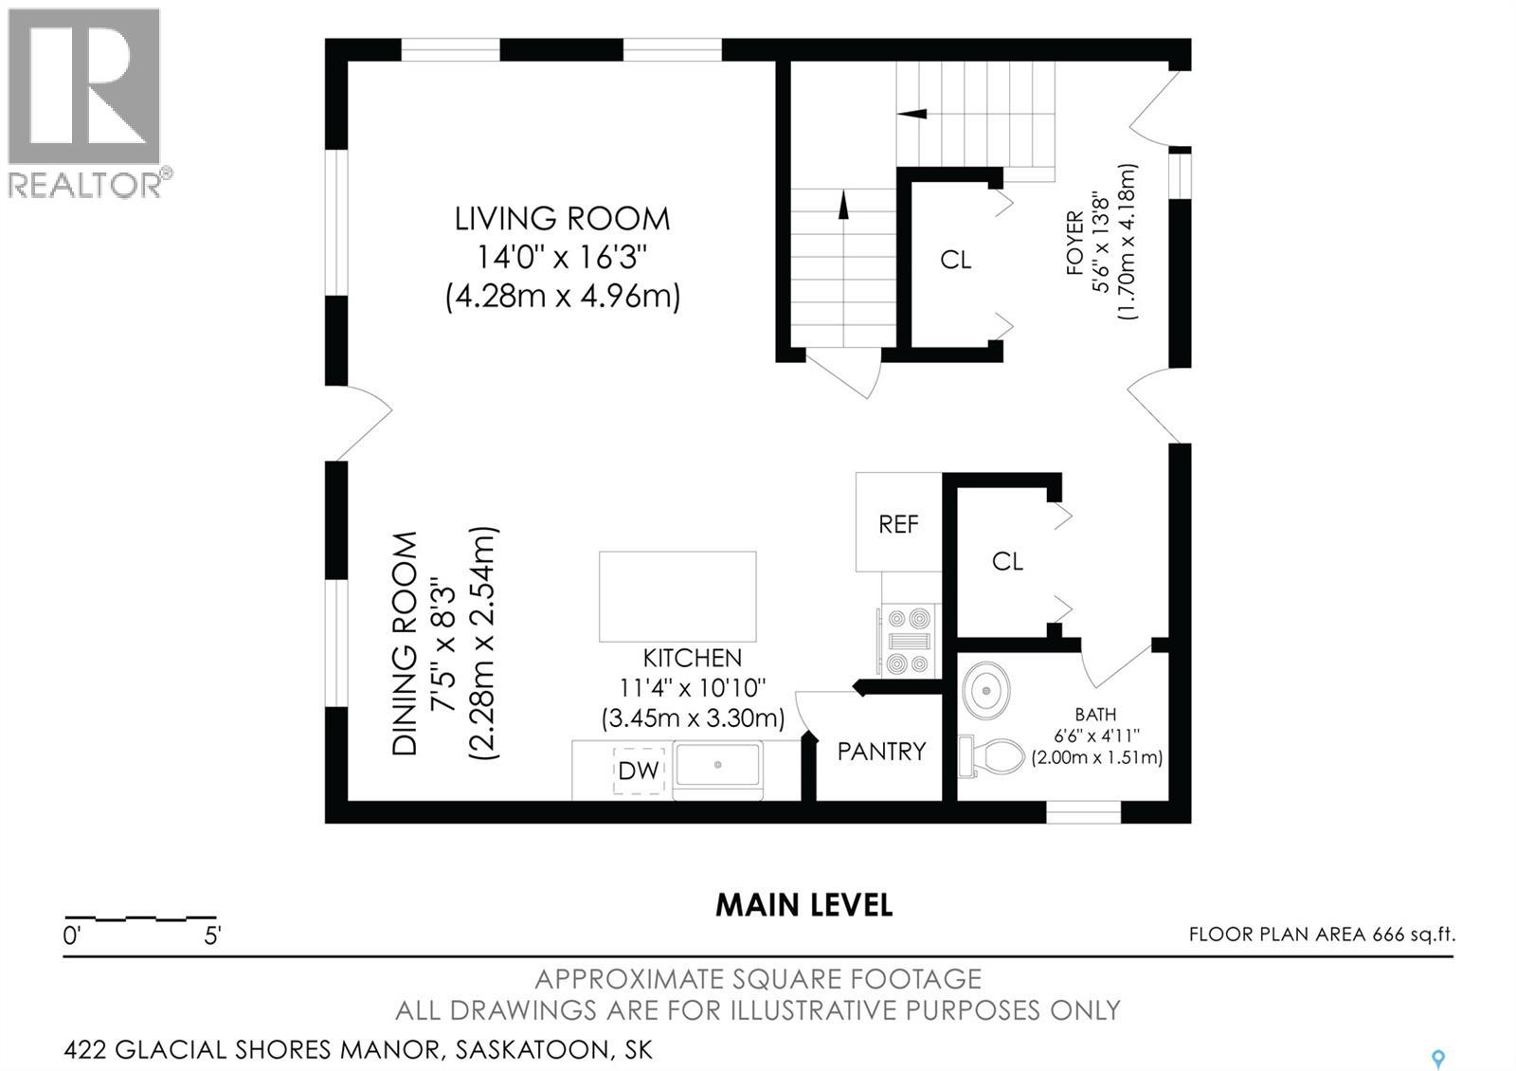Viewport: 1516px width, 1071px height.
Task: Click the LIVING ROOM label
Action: pyautogui.click(x=562, y=219)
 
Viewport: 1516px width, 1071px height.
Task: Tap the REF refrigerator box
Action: pyautogui.click(x=898, y=522)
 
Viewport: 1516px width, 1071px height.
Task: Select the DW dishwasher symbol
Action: pyautogui.click(x=639, y=771)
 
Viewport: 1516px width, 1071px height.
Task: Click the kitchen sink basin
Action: pyautogui.click(x=718, y=765)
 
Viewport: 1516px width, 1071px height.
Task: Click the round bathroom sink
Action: pyautogui.click(x=986, y=691)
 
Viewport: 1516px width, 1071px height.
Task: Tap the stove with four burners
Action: pyautogui.click(x=907, y=641)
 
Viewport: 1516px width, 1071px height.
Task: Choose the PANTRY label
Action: pyautogui.click(x=881, y=752)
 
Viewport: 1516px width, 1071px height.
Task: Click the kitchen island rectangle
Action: pyautogui.click(x=677, y=596)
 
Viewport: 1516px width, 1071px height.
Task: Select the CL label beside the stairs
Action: pyautogui.click(x=956, y=260)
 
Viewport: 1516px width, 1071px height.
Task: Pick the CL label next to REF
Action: pyautogui.click(x=1007, y=561)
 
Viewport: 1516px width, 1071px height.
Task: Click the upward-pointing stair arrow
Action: pyautogui.click(x=843, y=205)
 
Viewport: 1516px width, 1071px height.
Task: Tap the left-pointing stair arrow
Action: pyautogui.click(x=912, y=114)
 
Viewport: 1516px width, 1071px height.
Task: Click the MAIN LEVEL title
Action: pyautogui.click(x=804, y=905)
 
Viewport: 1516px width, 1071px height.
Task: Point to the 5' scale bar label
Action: pyautogui.click(x=212, y=935)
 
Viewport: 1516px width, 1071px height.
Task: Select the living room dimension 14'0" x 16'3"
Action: pyautogui.click(x=562, y=257)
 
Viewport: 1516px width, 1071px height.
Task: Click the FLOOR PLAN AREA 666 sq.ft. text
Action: pyautogui.click(x=1322, y=935)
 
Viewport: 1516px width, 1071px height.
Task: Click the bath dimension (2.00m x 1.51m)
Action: pyautogui.click(x=1096, y=757)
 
